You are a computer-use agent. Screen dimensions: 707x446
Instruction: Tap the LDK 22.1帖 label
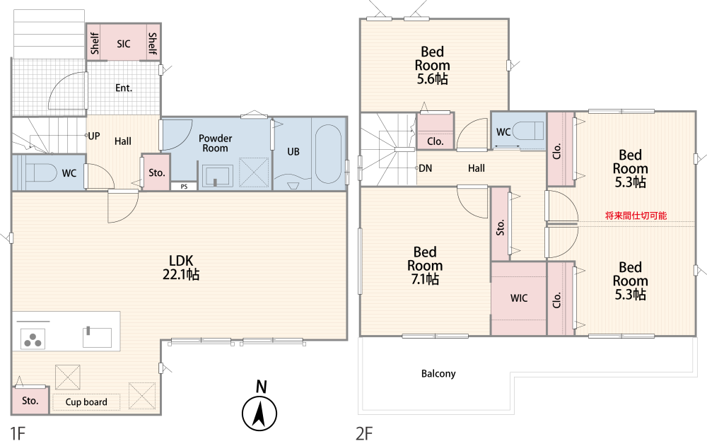[x=181, y=267]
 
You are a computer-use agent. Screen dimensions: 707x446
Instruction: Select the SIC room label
[x=124, y=44]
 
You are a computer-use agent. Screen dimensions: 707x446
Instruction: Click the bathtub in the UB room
[x=328, y=154]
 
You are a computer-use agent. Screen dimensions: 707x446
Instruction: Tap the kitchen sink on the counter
[x=97, y=337]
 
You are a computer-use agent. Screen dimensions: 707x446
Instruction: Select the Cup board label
[x=86, y=401]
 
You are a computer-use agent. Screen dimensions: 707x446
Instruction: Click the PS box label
[x=184, y=187]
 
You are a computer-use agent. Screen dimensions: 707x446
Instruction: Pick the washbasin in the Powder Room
[x=217, y=175]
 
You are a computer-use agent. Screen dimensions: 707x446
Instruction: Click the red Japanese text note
[x=636, y=216]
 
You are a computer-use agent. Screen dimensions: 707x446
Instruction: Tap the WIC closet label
[x=519, y=298]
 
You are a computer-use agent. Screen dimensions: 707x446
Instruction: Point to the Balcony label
[x=438, y=373]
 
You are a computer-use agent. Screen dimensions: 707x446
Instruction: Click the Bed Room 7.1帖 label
[x=425, y=265]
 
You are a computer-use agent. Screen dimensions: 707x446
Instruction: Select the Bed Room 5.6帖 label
[x=432, y=66]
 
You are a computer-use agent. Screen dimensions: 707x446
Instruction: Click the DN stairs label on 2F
[x=425, y=168]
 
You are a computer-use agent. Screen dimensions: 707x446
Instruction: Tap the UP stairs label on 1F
[x=94, y=136]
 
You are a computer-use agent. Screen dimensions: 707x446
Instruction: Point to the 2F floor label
[x=364, y=434]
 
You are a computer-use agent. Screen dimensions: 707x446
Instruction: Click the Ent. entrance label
[x=124, y=88]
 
